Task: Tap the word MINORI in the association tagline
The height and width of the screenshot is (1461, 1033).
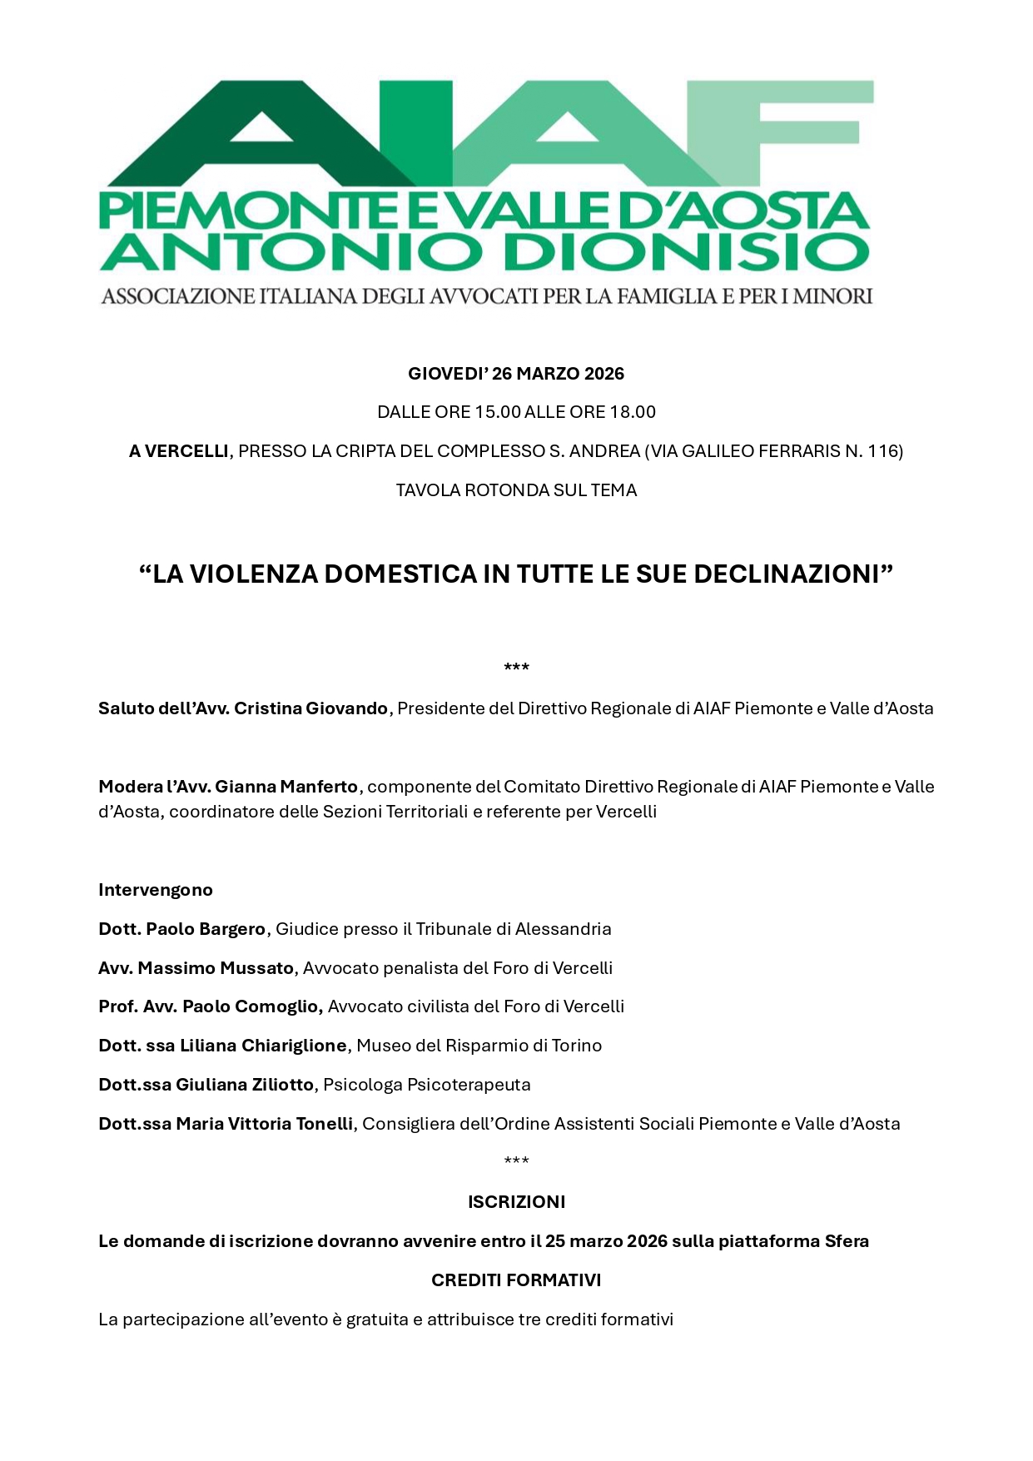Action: [832, 296]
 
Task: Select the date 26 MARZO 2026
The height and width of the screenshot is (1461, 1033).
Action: [558, 374]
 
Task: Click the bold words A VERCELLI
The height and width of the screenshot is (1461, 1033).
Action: [178, 451]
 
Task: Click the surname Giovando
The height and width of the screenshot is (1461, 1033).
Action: [346, 708]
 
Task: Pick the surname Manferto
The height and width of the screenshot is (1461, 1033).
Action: [319, 787]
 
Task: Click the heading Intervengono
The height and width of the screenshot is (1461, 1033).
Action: [156, 890]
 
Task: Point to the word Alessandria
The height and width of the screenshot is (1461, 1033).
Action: [563, 929]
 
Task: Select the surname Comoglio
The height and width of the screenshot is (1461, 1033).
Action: [279, 1006]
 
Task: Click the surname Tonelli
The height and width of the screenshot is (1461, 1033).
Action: [321, 1124]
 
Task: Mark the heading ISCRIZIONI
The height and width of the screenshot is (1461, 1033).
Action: [516, 1202]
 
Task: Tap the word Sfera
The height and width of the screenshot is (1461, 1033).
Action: [847, 1241]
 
